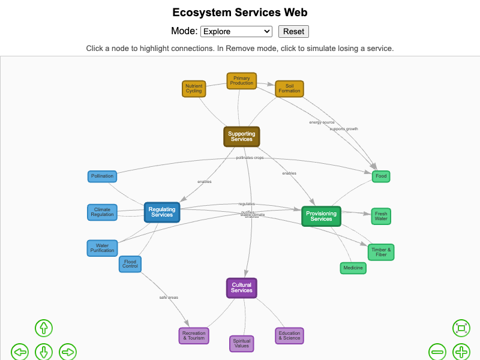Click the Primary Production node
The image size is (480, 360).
click(242, 81)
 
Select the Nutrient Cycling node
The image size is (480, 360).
click(194, 89)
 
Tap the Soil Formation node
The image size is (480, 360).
click(289, 89)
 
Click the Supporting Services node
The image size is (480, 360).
click(242, 137)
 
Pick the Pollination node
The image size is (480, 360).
click(102, 176)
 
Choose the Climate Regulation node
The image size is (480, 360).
click(102, 212)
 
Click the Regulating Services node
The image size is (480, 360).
click(162, 212)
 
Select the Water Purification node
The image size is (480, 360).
click(102, 248)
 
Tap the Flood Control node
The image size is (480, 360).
click(130, 264)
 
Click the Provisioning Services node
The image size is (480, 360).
click(321, 217)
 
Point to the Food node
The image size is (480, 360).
click(381, 176)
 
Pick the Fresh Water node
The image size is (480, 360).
click(381, 216)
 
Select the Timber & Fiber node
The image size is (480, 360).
click(381, 252)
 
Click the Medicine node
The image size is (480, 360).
click(353, 268)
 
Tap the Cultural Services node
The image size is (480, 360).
click(242, 288)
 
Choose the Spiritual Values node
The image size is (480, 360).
click(242, 344)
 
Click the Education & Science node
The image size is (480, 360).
click(289, 336)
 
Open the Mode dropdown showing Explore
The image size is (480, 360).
click(236, 31)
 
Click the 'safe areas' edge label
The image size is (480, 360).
click(169, 298)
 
